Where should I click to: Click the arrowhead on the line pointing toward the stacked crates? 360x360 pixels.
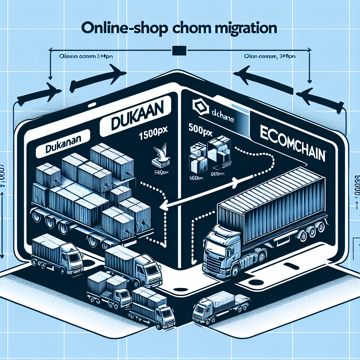point(163,207)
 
